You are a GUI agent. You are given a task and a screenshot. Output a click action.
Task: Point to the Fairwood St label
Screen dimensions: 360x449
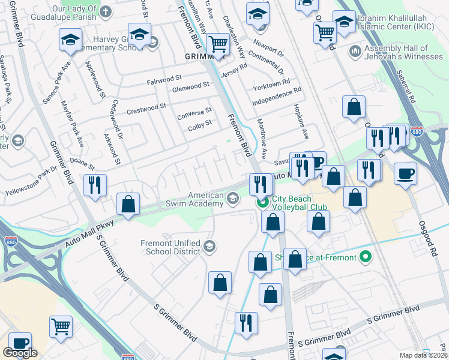click(x=164, y=79)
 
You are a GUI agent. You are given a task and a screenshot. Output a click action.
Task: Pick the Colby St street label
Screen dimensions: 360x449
click(x=200, y=124)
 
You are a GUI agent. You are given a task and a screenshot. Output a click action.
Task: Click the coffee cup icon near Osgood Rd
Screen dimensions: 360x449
click(x=406, y=174)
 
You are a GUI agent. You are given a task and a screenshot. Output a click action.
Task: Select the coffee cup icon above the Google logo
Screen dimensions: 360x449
click(x=19, y=343)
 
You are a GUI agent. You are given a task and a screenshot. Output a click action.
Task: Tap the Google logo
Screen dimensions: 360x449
click(x=20, y=353)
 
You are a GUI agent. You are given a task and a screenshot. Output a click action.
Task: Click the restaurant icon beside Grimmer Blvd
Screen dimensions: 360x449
click(x=95, y=185)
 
